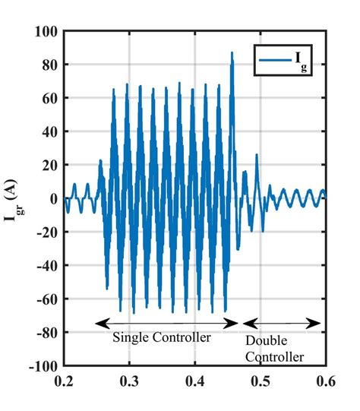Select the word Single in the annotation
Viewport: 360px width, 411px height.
130,337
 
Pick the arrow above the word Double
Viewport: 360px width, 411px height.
282,323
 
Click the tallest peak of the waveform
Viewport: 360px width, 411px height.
232,52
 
